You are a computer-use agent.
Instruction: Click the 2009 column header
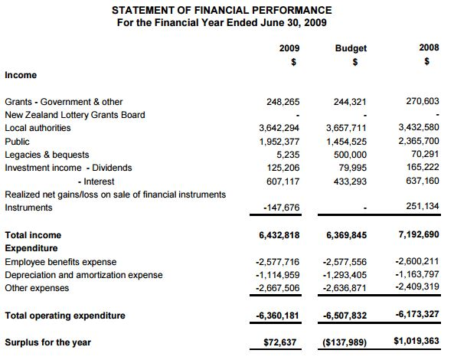289,48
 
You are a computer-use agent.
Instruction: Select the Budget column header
351,48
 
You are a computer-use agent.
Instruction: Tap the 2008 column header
429,48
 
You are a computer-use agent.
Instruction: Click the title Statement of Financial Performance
222,10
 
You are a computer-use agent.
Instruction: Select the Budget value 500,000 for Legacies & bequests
351,155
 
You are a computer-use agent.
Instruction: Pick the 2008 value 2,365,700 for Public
420,142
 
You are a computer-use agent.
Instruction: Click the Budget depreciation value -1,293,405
345,275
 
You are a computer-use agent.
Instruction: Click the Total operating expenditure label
65,315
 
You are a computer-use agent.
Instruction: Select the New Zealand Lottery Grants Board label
75,115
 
